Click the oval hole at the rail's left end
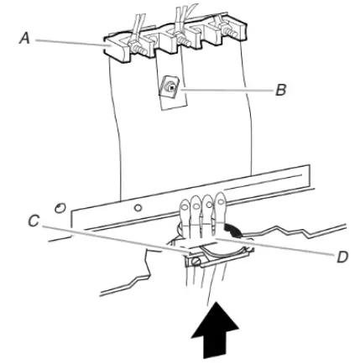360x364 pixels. [x=60, y=206]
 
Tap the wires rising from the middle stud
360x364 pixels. [x=180, y=15]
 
